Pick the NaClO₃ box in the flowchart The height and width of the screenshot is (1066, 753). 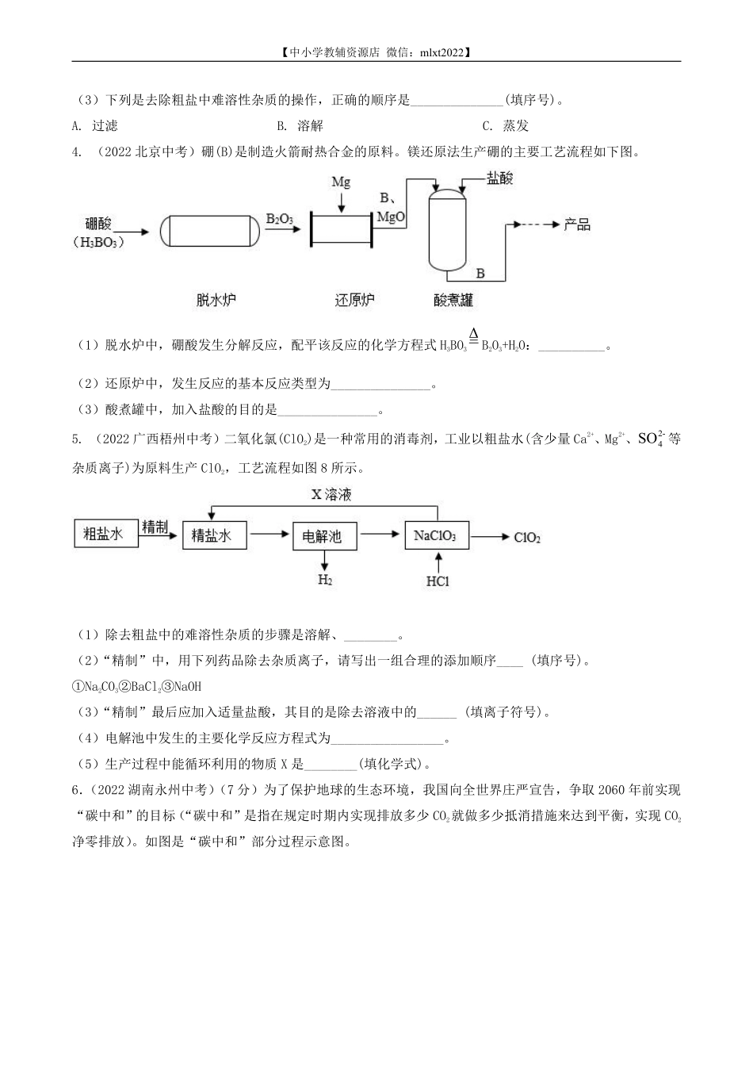coord(435,535)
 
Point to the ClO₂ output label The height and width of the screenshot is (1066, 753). coord(527,538)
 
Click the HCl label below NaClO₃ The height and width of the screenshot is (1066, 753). coord(438,581)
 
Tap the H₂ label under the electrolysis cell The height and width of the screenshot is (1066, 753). coord(325,579)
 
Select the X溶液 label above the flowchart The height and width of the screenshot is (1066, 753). coord(331,495)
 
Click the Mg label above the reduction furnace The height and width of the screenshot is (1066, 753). coord(341,182)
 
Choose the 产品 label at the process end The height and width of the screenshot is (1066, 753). coord(577,224)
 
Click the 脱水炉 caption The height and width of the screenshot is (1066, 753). coord(216,300)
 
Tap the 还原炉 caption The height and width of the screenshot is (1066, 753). coord(354,300)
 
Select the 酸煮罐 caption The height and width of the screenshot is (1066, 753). coord(453,300)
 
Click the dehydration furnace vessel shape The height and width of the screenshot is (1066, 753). coord(210,231)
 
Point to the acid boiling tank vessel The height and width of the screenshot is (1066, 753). coord(448,230)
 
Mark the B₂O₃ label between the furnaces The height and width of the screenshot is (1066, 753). coord(280,218)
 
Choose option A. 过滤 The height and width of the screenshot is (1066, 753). coord(95,125)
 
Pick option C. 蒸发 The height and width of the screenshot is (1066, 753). coord(506,125)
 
